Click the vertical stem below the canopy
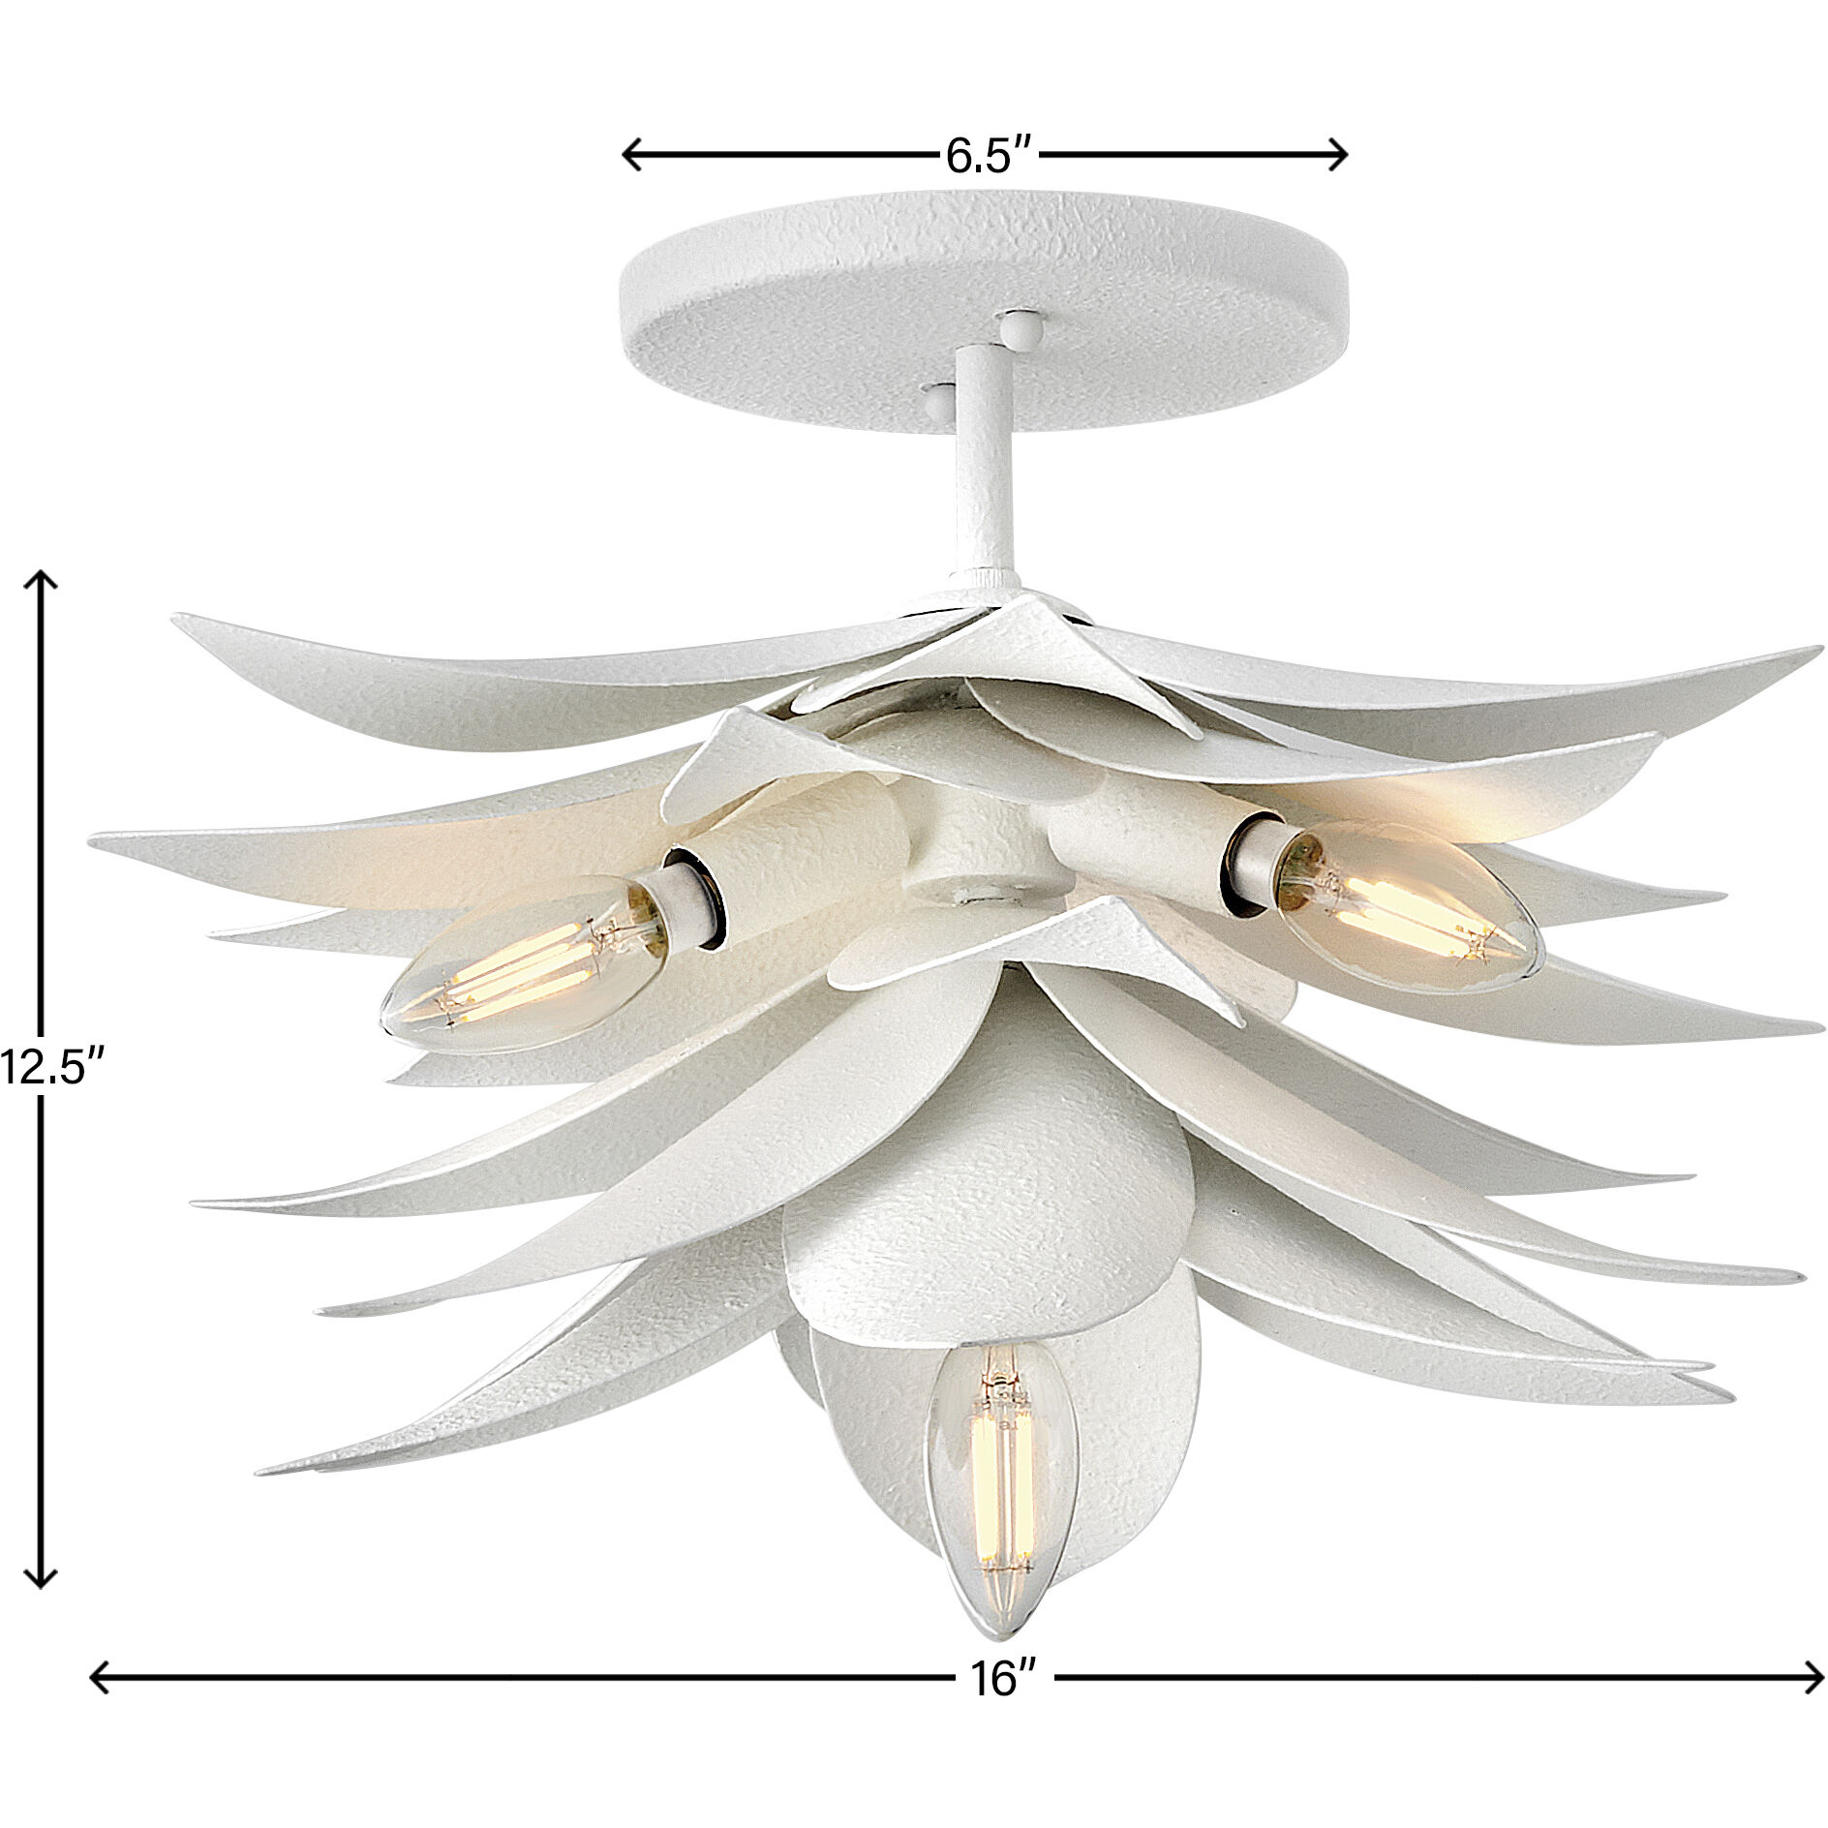click(x=980, y=465)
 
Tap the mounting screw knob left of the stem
click(x=937, y=397)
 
